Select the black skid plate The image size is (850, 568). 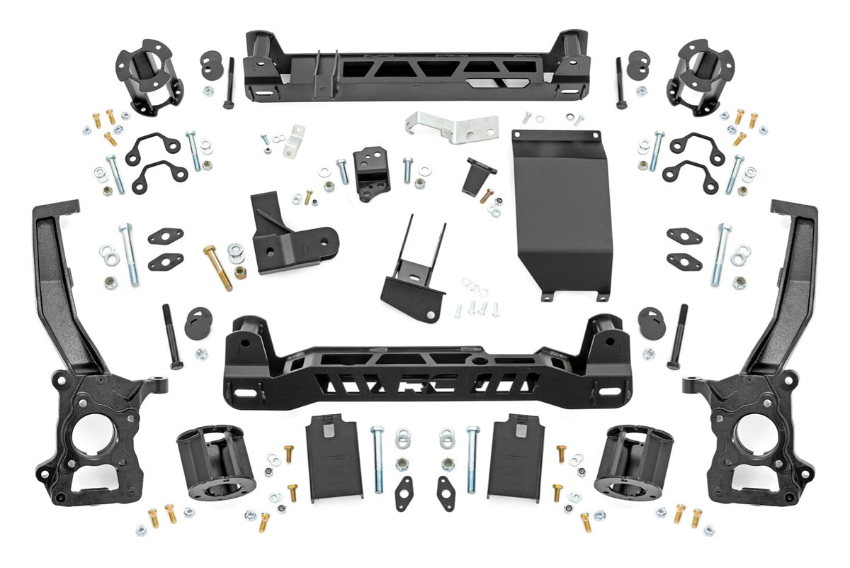(561, 213)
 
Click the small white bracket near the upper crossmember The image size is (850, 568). (294, 141)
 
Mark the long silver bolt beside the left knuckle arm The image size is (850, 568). (129, 255)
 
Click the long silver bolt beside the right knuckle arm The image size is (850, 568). (720, 255)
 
